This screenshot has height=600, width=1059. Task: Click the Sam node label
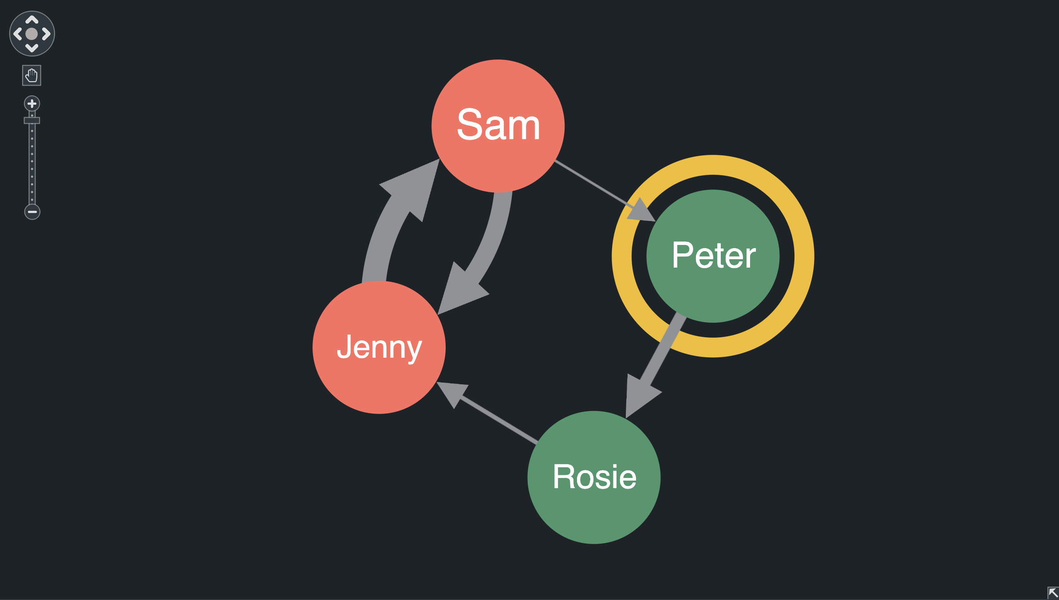click(x=498, y=125)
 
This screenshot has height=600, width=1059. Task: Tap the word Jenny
click(x=379, y=347)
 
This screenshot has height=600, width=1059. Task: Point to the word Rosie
click(x=594, y=477)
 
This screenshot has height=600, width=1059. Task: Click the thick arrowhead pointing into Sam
click(x=415, y=186)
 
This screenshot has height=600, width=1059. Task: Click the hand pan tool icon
click(x=32, y=75)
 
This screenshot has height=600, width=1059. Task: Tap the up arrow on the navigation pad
click(x=32, y=20)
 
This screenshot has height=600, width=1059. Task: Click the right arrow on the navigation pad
click(x=46, y=34)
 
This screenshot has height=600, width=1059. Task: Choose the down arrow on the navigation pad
click(x=32, y=48)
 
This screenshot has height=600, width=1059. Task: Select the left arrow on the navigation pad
click(x=17, y=34)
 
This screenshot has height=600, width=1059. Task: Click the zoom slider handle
click(x=32, y=120)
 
